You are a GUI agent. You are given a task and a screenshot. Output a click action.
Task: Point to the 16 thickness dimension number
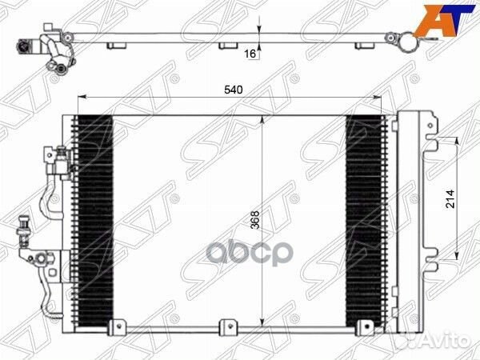[250, 54]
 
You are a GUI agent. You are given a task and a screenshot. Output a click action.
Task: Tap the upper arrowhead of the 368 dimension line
[264, 119]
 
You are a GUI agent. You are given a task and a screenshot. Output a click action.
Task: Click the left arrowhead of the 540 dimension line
[80, 99]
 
